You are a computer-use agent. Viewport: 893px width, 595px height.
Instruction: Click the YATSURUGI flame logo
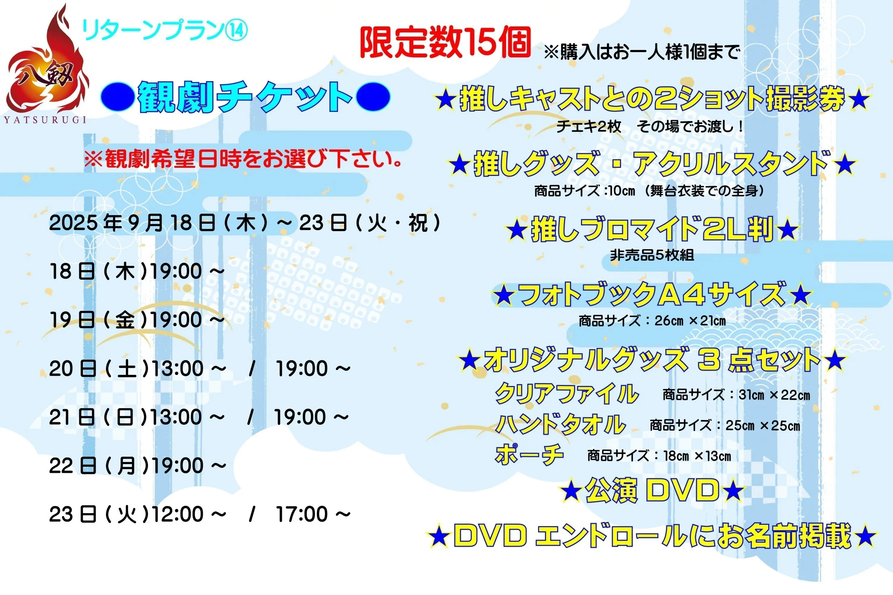tap(47, 65)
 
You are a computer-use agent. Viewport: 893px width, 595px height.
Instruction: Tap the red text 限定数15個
tap(445, 43)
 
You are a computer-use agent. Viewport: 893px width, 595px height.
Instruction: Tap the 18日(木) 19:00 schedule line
tap(137, 272)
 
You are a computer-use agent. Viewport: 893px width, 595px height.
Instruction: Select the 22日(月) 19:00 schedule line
tap(138, 466)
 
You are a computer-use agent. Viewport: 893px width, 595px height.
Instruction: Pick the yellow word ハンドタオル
tap(561, 424)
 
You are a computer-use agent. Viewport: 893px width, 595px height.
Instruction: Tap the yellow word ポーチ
tap(529, 454)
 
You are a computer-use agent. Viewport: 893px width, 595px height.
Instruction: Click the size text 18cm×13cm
tap(697, 456)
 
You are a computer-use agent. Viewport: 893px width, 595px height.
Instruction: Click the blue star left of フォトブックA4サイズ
tap(504, 296)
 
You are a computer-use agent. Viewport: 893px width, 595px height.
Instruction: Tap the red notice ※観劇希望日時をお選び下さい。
tap(243, 159)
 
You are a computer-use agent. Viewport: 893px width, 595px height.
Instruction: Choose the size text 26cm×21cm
tap(690, 321)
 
